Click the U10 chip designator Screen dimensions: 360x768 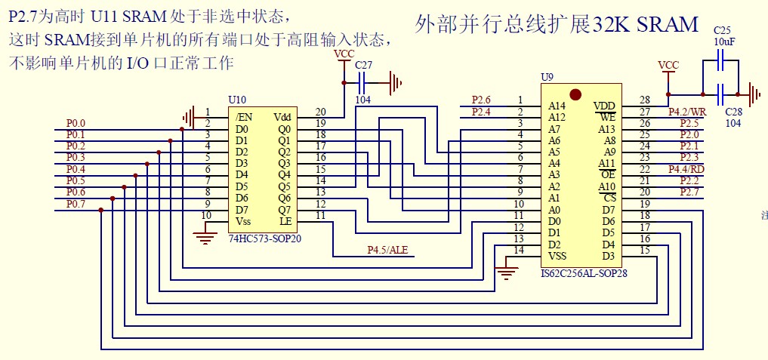click(x=236, y=100)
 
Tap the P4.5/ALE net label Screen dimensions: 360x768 click(x=387, y=250)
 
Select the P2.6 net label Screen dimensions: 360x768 click(x=481, y=100)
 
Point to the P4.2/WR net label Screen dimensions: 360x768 click(x=687, y=112)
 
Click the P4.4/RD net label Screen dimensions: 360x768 click(x=686, y=169)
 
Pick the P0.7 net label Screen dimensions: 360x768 click(x=76, y=204)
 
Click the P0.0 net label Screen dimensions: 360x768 click(x=76, y=123)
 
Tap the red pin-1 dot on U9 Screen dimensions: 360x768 click(x=575, y=94)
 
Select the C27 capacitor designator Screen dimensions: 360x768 click(x=364, y=66)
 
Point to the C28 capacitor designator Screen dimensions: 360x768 click(x=733, y=112)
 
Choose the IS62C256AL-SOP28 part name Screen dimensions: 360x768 click(x=584, y=273)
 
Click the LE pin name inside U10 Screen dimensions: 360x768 click(x=285, y=221)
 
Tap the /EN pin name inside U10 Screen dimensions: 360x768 click(x=243, y=117)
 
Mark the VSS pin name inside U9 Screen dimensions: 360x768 click(x=557, y=256)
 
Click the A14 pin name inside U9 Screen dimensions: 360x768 click(x=557, y=106)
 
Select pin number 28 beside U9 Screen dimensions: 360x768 click(x=644, y=100)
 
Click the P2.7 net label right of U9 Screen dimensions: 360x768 click(x=689, y=192)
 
